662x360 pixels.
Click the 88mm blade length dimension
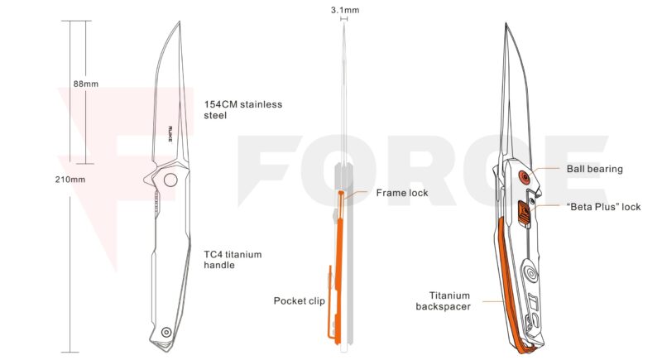coord(86,84)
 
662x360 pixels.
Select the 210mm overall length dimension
coord(70,180)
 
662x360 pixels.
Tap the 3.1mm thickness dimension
coord(345,10)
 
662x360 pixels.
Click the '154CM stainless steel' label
coord(242,110)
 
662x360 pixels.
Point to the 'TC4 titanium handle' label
coord(233,260)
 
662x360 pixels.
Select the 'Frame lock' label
coord(402,193)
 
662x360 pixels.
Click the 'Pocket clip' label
coord(300,301)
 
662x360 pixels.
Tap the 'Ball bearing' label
coord(594,169)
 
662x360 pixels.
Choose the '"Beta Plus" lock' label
coord(603,207)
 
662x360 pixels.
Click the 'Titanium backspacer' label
coord(444,301)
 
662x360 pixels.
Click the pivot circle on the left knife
coord(170,180)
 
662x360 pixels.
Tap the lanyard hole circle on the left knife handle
coord(166,332)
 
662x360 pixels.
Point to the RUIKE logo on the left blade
coord(170,133)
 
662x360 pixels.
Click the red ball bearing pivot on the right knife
coord(525,177)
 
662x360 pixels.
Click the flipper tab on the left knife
coord(148,179)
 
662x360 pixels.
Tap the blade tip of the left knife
coord(180,22)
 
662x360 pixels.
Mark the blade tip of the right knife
coord(506,24)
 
